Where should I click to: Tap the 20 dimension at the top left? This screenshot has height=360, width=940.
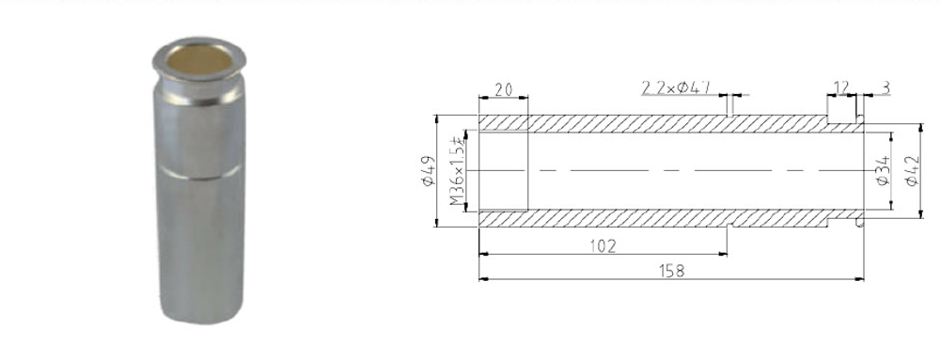[x=503, y=89]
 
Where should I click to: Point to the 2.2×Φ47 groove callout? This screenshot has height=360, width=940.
[x=675, y=88]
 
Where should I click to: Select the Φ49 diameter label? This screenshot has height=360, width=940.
[x=428, y=171]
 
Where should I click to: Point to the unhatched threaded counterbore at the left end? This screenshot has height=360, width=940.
[x=503, y=171]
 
